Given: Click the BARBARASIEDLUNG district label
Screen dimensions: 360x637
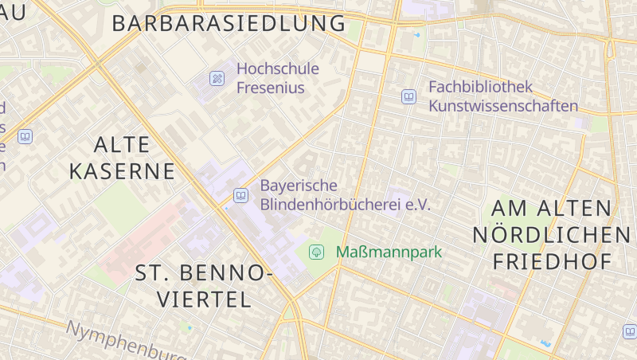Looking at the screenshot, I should (229, 23).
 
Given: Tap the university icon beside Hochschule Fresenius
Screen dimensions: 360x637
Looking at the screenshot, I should (217, 78).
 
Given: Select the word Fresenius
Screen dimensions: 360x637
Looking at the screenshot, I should (271, 88).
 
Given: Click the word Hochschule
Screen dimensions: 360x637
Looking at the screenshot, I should (277, 68).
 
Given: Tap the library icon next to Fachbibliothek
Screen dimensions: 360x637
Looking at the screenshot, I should (408, 96).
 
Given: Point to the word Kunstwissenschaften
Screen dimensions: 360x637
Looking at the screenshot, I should (503, 106).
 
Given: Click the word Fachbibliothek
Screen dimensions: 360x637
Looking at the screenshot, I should (480, 87).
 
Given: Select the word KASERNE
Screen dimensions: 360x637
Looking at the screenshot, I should (122, 171).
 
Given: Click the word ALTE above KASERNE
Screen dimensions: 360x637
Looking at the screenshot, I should (122, 144).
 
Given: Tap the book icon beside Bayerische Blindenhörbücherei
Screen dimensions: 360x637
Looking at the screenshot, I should (240, 195).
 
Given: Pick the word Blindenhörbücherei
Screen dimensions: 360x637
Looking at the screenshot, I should (345, 205).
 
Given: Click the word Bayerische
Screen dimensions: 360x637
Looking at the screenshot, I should (299, 186).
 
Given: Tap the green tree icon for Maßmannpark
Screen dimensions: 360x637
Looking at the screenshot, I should (316, 252).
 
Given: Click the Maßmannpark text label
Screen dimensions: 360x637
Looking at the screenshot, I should (389, 252).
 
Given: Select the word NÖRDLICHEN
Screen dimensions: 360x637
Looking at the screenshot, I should (551, 235).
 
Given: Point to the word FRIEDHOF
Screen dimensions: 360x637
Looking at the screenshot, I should (552, 261).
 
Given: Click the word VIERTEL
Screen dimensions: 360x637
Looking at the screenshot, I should (204, 299).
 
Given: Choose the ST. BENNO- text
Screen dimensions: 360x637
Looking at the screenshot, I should (203, 273).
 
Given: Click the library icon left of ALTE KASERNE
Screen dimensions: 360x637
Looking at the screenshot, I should (25, 137).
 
